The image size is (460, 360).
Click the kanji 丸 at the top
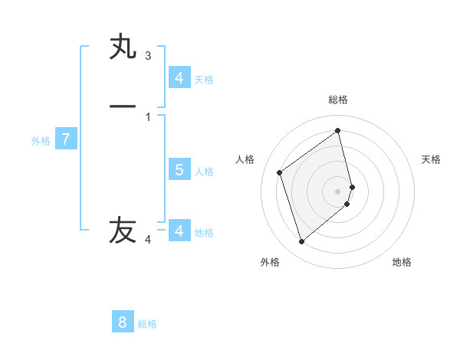coord(123,47)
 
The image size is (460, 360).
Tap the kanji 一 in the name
coord(123,107)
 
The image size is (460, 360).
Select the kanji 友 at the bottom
coord(123,230)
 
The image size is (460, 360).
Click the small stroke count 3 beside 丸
coord(148,56)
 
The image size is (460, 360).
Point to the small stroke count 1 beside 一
coord(148,117)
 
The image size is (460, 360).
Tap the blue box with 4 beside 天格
coord(179,77)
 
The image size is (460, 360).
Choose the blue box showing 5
coord(179,169)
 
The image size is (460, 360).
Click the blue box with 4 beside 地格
coord(179,231)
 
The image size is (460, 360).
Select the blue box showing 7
coord(66,139)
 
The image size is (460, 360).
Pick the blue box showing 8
coord(123,322)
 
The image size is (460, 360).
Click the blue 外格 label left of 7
coord(41,141)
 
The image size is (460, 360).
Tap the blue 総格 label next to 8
coord(147,324)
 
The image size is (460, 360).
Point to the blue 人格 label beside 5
coord(205,172)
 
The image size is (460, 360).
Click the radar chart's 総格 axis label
coord(338,100)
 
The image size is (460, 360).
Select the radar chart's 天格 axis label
coord(432,159)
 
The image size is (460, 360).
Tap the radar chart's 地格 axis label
coord(402,262)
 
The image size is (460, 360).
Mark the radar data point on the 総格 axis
coord(338,131)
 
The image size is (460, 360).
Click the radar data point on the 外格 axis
coord(301,242)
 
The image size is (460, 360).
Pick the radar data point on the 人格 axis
coord(280,172)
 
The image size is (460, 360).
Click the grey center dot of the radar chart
coord(338,191)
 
